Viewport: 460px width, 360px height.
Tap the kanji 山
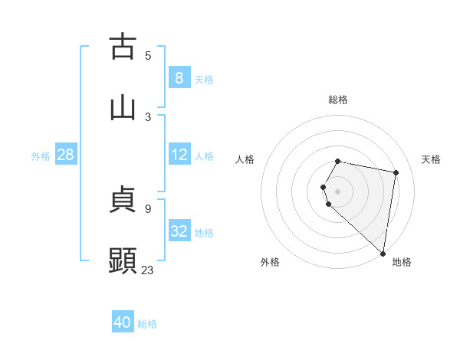point(123,107)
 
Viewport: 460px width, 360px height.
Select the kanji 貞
point(123,200)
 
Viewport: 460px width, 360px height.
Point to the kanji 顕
point(123,260)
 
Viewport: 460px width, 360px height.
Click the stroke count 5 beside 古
point(148,55)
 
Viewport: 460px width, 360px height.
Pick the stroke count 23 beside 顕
point(148,270)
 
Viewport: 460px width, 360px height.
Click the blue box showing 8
point(179,77)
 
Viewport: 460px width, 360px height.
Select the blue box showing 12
point(179,155)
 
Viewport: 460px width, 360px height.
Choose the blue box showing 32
point(179,231)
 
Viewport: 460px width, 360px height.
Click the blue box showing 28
point(65,155)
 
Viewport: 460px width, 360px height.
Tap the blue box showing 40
point(123,322)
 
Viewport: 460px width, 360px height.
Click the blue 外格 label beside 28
point(41,156)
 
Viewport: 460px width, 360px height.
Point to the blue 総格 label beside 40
point(147,324)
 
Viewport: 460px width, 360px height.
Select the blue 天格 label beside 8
point(204,79)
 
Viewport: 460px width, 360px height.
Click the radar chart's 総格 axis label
point(337,100)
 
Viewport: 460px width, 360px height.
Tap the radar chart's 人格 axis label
point(245,159)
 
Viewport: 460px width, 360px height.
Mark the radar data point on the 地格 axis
point(383,253)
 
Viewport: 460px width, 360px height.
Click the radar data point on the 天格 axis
point(396,173)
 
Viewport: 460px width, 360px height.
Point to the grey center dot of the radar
point(337,191)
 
